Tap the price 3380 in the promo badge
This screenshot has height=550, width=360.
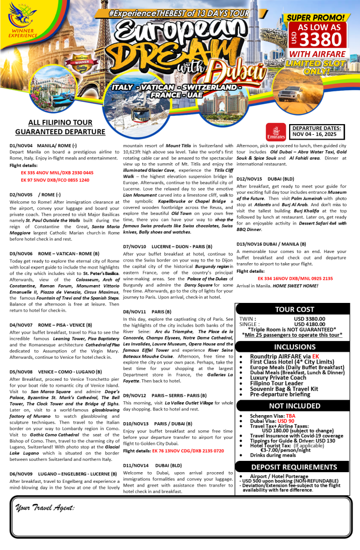pos(321,39)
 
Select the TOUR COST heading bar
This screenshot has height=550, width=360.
pos(294,309)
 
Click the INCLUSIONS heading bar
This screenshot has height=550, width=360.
pos(294,346)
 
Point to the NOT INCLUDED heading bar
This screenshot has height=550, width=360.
pos(294,406)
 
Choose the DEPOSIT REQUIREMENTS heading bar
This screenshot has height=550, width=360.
pos(294,467)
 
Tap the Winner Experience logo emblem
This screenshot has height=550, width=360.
pos(21,21)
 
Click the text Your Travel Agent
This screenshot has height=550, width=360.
pos(45,508)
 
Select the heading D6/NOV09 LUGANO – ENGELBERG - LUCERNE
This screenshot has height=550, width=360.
pos(63,474)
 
